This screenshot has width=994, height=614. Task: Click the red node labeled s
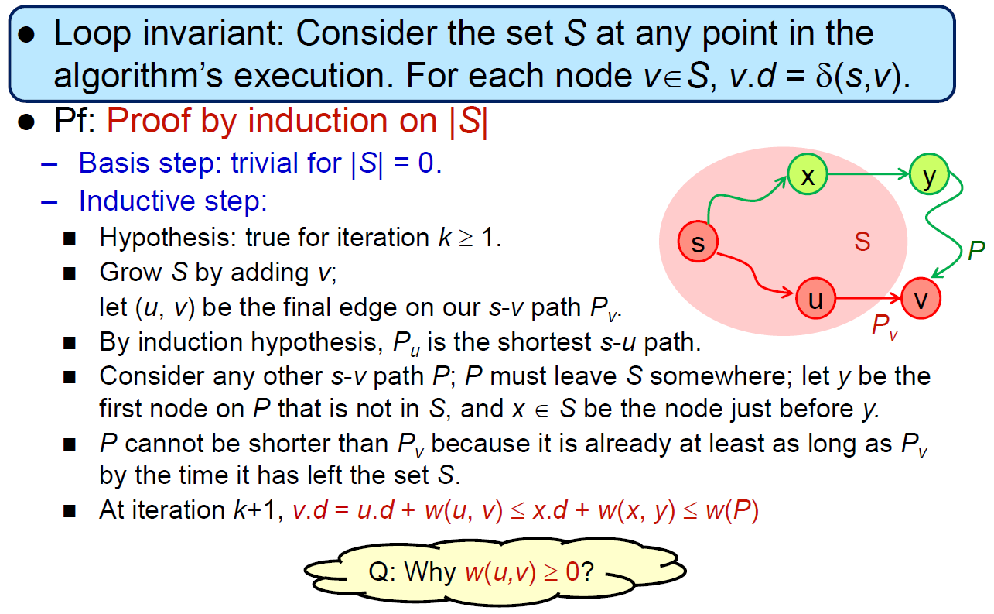point(698,242)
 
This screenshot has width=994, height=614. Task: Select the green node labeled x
point(808,174)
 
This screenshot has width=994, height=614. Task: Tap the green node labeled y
point(929,174)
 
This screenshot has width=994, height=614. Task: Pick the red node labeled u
point(815,299)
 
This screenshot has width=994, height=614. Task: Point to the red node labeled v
point(921,299)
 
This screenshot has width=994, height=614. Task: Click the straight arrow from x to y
point(869,174)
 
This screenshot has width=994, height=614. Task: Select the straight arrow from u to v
point(869,299)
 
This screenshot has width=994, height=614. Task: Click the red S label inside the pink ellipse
point(862,242)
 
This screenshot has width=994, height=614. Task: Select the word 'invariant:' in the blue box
point(213,34)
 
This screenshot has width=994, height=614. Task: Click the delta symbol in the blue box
point(825,76)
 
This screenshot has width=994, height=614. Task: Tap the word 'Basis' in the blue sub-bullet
point(114,163)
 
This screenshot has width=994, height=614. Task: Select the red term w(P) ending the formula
point(733,510)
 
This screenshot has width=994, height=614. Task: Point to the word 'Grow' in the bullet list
point(131,272)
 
